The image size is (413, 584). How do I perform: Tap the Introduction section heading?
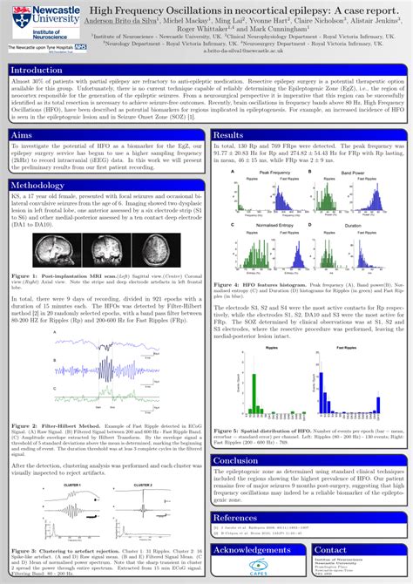click(x=38, y=70)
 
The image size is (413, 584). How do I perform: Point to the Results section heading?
click(x=229, y=135)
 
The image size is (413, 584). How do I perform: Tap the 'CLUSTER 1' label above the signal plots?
click(x=71, y=485)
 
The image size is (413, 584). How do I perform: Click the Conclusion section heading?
click(x=236, y=460)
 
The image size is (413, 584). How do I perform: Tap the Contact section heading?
click(x=331, y=550)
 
